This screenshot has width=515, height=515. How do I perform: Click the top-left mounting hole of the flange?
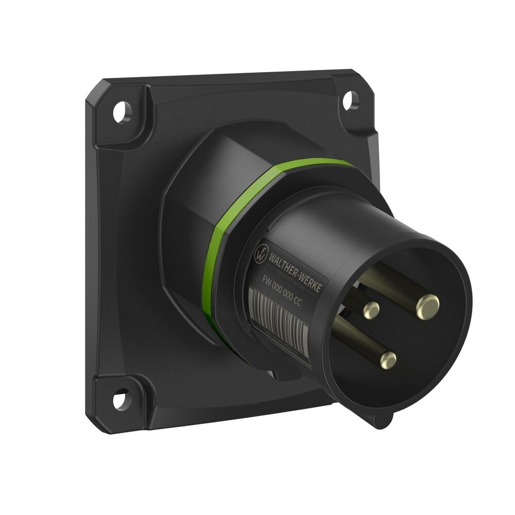pyautogui.click(x=123, y=112)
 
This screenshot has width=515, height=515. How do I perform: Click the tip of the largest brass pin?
pyautogui.click(x=428, y=306)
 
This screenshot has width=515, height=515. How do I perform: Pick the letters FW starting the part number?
pyautogui.click(x=267, y=281)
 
